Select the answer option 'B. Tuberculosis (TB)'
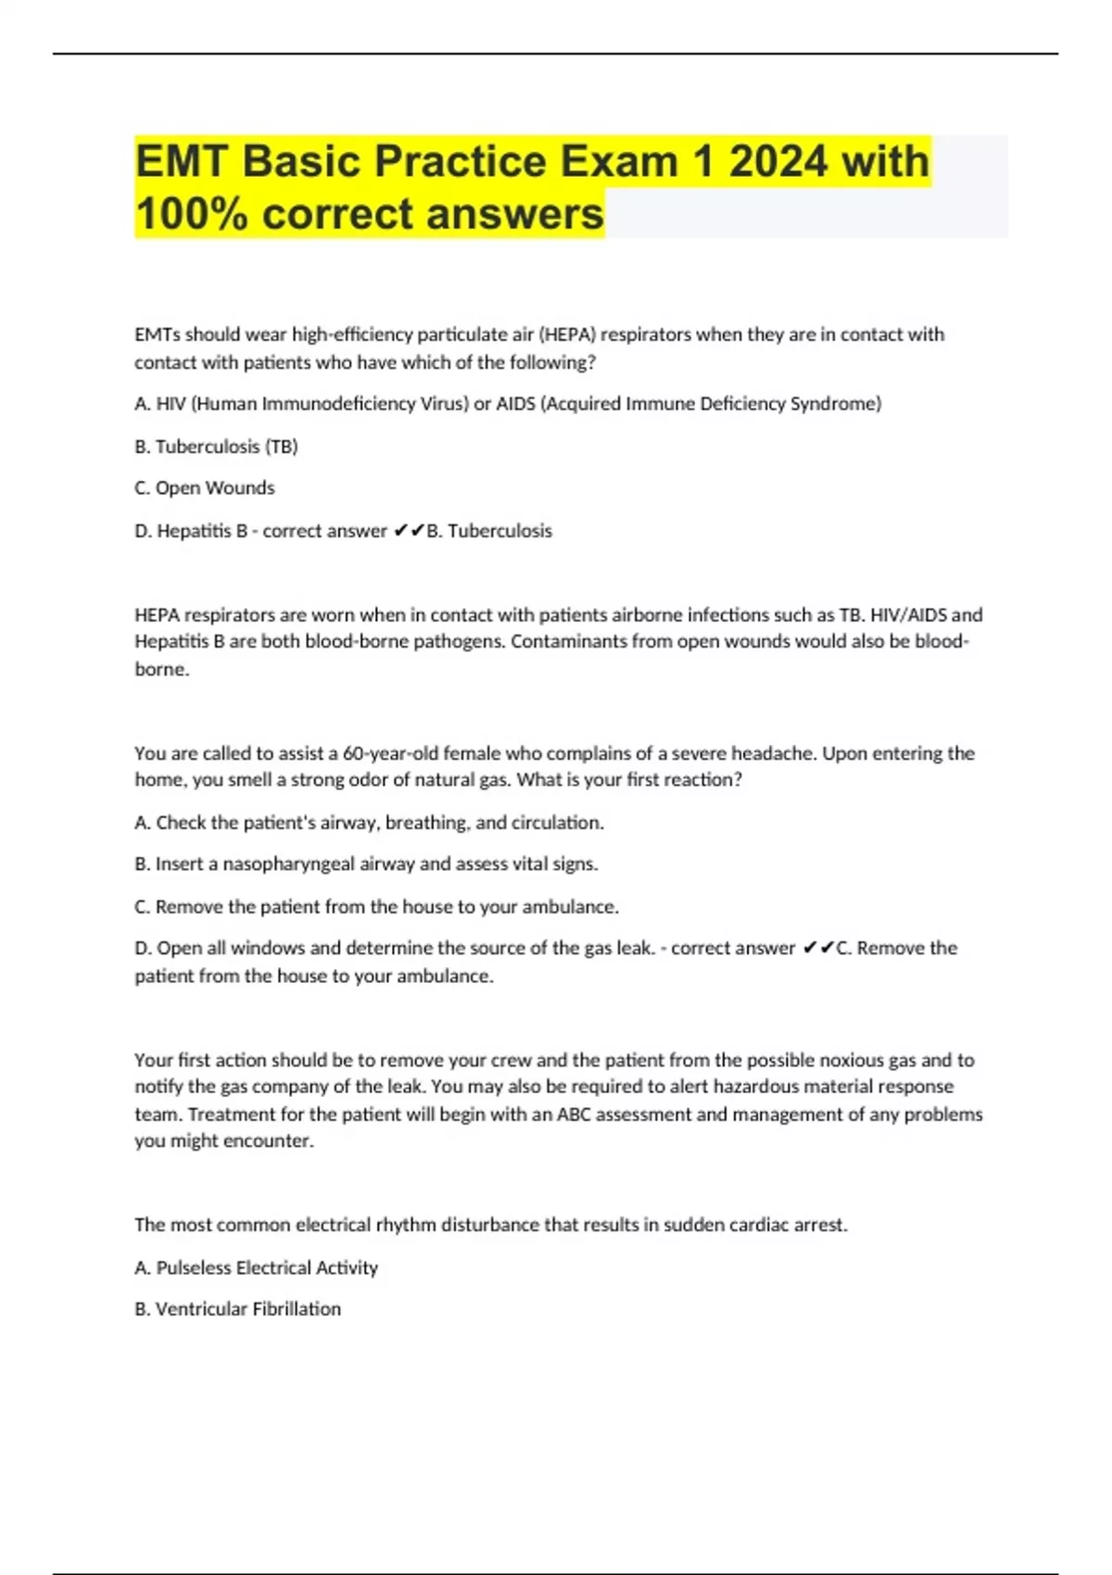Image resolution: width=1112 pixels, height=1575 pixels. coord(216,447)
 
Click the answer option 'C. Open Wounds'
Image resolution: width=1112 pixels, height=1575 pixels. coord(205,488)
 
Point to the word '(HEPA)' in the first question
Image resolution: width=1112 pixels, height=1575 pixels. coord(566,334)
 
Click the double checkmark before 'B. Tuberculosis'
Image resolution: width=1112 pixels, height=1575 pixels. coord(409,531)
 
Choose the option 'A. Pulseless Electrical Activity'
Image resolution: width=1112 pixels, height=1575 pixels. coord(257,1267)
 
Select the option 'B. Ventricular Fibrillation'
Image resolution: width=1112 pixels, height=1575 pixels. coord(238,1309)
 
